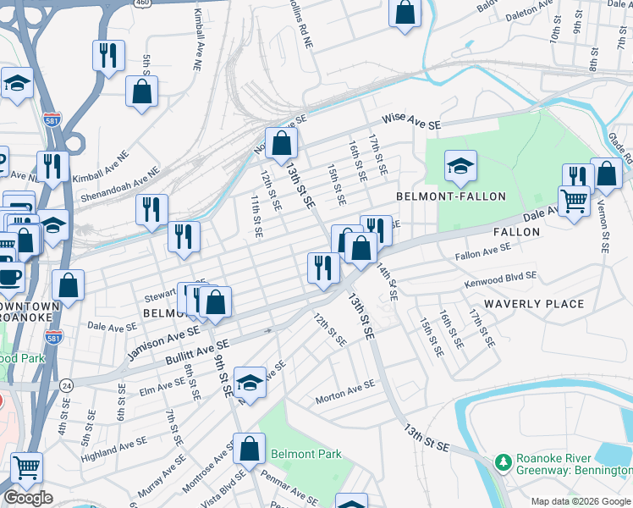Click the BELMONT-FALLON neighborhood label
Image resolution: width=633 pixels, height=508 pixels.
coord(451,196)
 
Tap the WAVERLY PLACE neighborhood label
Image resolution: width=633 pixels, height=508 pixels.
coord(533,303)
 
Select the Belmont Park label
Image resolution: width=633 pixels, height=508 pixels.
coord(306,454)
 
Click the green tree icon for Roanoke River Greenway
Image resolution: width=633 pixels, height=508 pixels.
coord(504,463)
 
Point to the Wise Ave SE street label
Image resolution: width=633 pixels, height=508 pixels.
coord(411,122)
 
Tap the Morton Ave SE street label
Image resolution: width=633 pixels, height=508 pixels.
coord(344,390)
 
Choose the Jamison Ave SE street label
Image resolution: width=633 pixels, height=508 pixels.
coord(162,344)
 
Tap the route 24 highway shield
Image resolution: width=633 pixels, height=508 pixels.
coord(65,385)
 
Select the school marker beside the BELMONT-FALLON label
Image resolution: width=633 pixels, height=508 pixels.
coord(460,167)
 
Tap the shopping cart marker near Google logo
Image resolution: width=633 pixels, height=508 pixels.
coord(27,467)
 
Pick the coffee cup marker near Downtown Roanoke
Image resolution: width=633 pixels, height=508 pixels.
coord(9,277)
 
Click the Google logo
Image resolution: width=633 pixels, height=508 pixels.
coord(28,498)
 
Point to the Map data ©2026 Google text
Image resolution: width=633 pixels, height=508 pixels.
coord(581,501)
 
